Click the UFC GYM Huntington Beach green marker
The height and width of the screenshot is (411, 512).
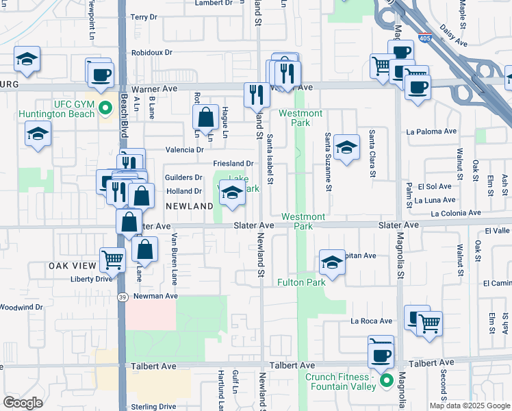click(105, 108)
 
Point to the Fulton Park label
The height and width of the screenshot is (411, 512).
click(301, 282)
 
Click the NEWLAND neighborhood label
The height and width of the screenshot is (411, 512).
click(189, 206)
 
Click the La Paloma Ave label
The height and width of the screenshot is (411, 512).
click(431, 131)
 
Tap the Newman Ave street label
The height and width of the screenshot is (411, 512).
click(155, 296)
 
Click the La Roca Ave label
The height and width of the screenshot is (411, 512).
click(372, 321)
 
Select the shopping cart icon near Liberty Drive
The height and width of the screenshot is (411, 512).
click(112, 259)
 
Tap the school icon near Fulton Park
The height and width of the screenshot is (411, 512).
click(332, 262)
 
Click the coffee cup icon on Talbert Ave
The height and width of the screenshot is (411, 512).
click(381, 355)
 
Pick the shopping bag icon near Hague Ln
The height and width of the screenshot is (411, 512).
click(206, 118)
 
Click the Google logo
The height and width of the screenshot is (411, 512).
click(23, 403)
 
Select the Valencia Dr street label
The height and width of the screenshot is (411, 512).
click(185, 149)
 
